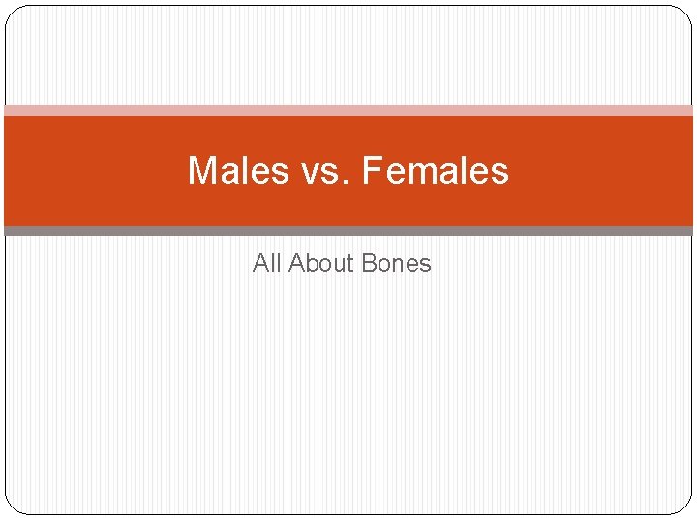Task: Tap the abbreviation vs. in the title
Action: [x=313, y=171]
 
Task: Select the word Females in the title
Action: [x=435, y=171]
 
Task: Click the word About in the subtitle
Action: [x=322, y=263]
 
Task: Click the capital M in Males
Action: [x=201, y=171]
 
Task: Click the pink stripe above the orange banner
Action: [x=348, y=111]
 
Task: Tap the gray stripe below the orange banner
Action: [x=348, y=231]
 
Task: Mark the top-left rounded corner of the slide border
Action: [x=11, y=12]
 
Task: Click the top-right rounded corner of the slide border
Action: [x=685, y=12]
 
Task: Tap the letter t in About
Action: [x=353, y=263]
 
